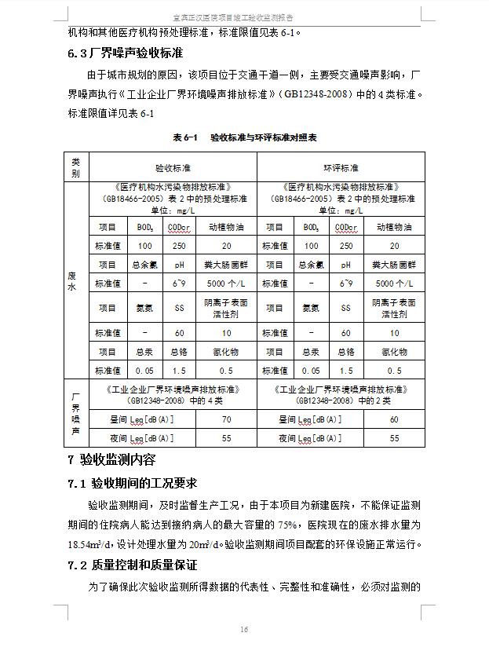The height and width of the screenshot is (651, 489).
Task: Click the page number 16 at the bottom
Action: tap(244, 629)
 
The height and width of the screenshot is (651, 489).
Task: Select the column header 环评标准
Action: tap(341, 168)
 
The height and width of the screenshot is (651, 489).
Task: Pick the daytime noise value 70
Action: tap(227, 420)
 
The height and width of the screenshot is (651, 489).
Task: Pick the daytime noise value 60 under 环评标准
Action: tap(395, 420)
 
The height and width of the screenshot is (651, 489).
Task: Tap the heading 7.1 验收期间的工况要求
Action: tap(132, 483)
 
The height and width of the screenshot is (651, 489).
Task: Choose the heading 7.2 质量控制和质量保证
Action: tap(132, 565)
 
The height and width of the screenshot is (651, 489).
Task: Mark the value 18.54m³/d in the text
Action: tap(93, 544)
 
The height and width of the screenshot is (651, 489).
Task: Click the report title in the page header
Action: tap(243, 16)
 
